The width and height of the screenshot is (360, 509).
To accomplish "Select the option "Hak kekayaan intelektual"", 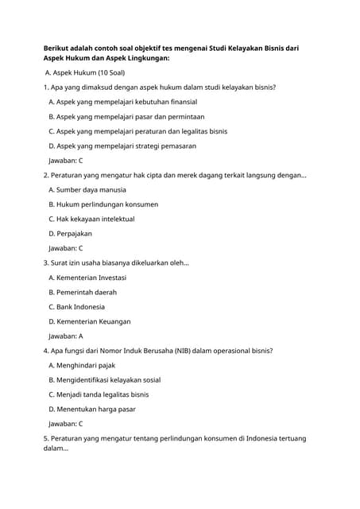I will point(91,219).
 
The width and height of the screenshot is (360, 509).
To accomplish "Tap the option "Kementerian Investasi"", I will point(87,278).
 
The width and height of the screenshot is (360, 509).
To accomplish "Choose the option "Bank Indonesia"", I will point(76,307).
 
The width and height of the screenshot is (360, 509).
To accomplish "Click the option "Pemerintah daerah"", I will point(82,292).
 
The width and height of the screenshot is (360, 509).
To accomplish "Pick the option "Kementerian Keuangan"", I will point(90,321).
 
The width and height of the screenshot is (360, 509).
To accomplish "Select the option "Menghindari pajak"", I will point(83,365).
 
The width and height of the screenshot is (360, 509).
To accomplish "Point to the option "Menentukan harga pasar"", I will point(92,409).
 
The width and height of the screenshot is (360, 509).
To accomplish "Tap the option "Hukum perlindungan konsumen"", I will point(103,204).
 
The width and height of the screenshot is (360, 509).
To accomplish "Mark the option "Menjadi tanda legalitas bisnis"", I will point(99,394).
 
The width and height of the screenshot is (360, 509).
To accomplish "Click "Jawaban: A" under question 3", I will point(66,336).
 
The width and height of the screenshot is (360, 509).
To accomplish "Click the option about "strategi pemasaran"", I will point(122,146).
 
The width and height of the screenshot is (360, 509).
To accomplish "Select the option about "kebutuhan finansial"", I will point(123,102).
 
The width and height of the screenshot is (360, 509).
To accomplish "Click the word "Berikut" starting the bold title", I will point(57,49).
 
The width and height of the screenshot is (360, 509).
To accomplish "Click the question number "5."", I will point(46,438).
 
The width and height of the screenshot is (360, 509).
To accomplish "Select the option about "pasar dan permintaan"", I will point(126,116).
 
